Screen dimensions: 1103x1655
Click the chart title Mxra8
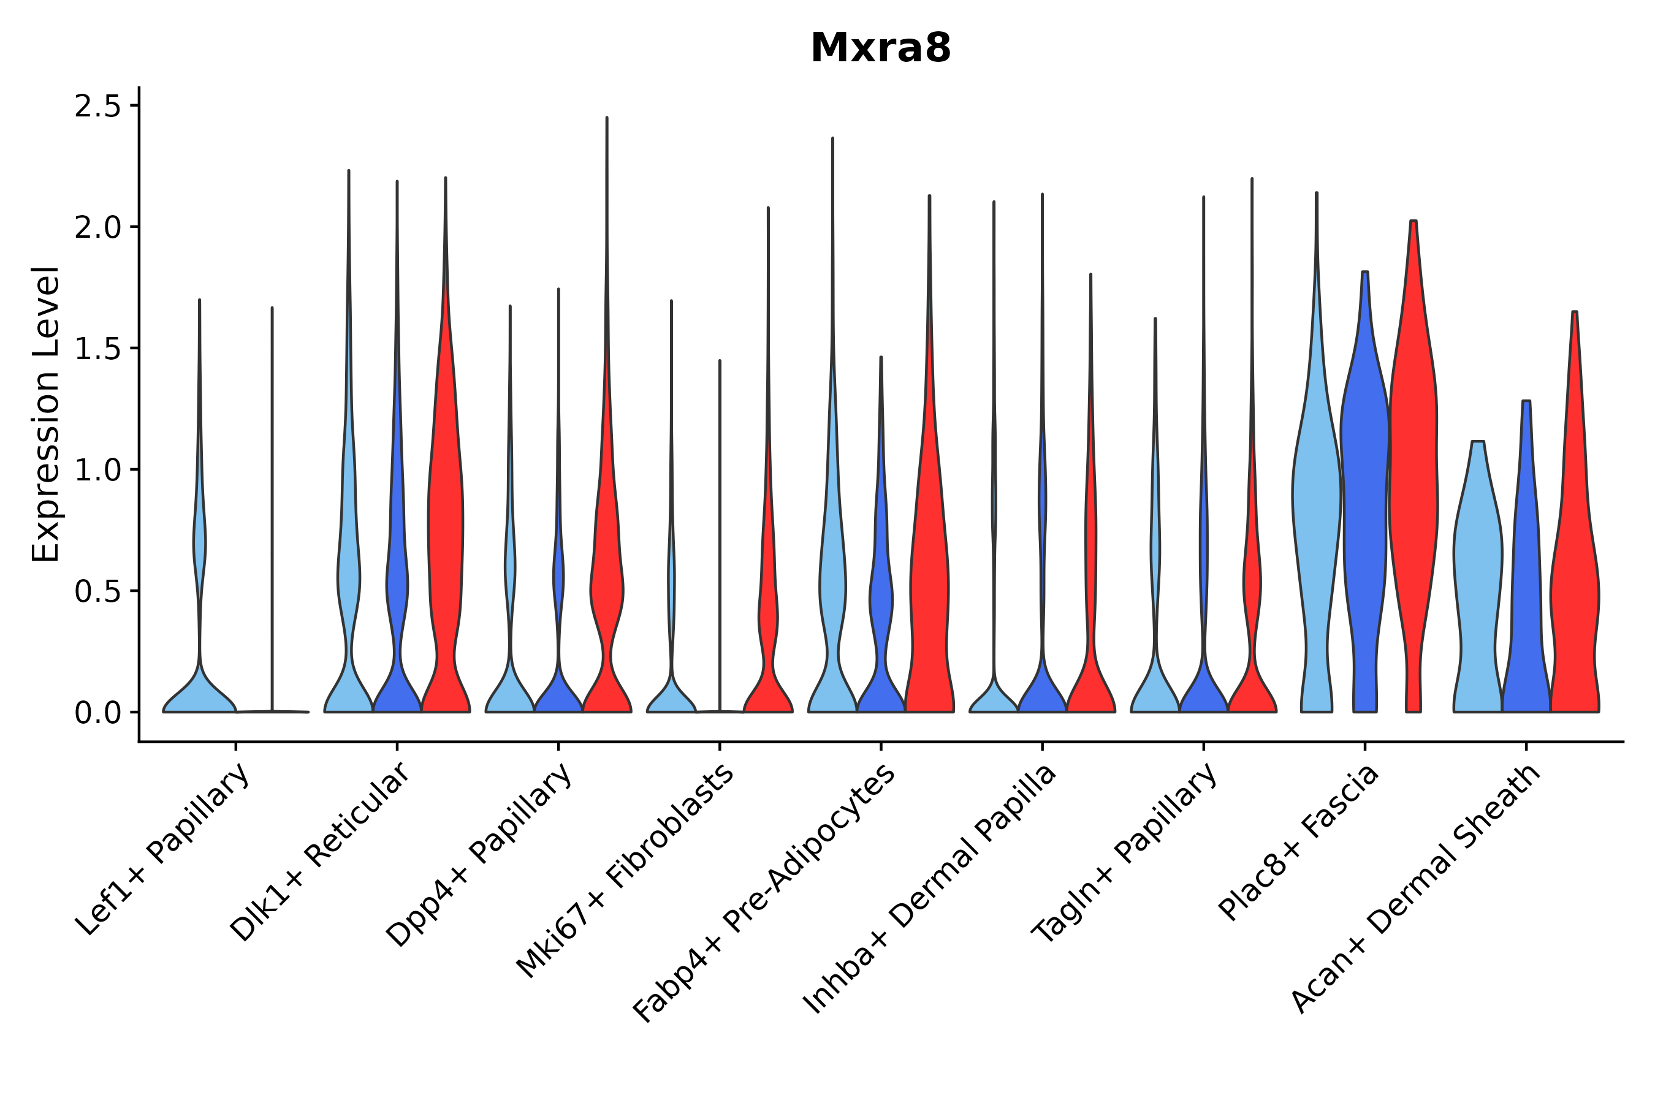(880, 48)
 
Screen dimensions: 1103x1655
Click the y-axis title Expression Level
(47, 414)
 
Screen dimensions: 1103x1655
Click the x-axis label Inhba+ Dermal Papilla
(930, 889)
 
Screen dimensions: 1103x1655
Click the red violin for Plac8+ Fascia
(1413, 493)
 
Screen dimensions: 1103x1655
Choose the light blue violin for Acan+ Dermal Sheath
(1478, 563)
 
